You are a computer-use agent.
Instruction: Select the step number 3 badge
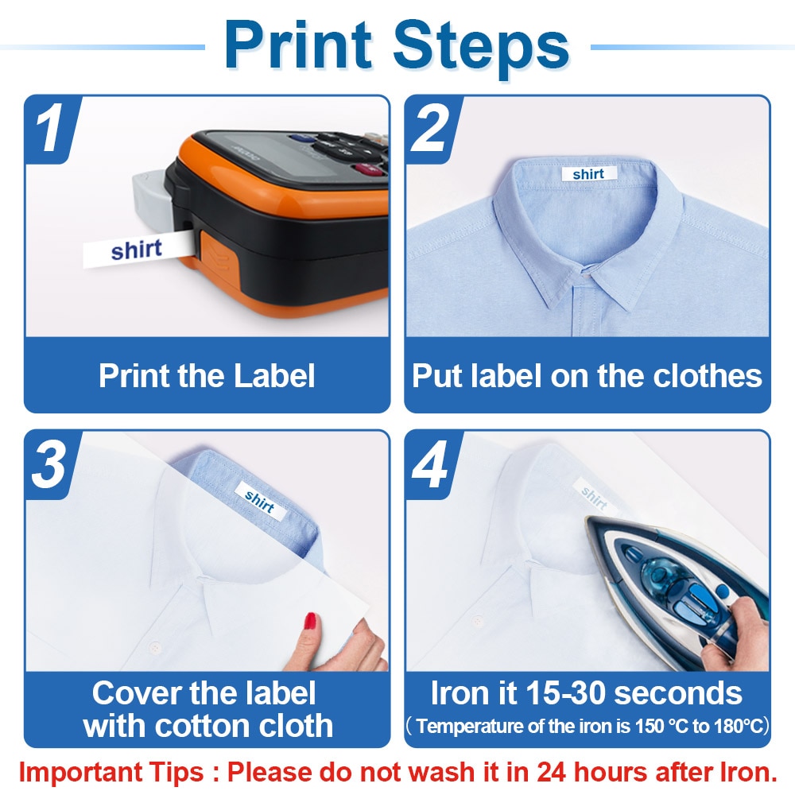pos(49,465)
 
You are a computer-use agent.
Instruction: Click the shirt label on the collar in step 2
pos(588,174)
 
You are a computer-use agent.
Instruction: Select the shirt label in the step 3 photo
pos(259,502)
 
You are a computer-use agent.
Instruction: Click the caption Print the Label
pos(207,376)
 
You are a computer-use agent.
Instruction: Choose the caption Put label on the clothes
pos(587,376)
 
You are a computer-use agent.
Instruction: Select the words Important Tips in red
pos(118,771)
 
